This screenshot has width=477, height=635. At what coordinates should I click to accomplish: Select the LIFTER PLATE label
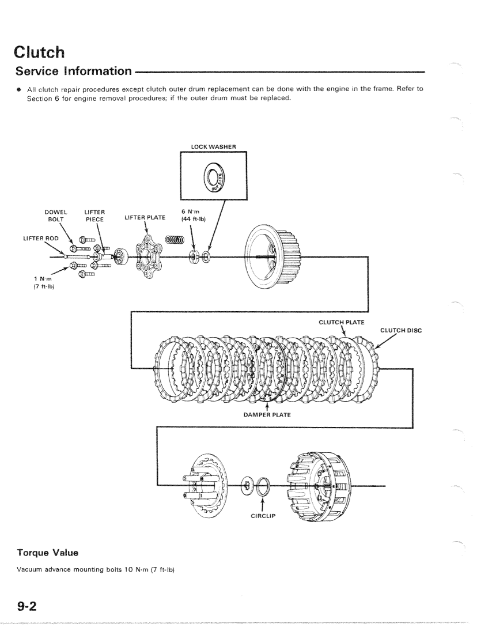[145, 217]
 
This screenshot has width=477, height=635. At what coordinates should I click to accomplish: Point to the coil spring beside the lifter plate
[175, 240]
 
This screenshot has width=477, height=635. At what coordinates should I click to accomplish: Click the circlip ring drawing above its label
[265, 486]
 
